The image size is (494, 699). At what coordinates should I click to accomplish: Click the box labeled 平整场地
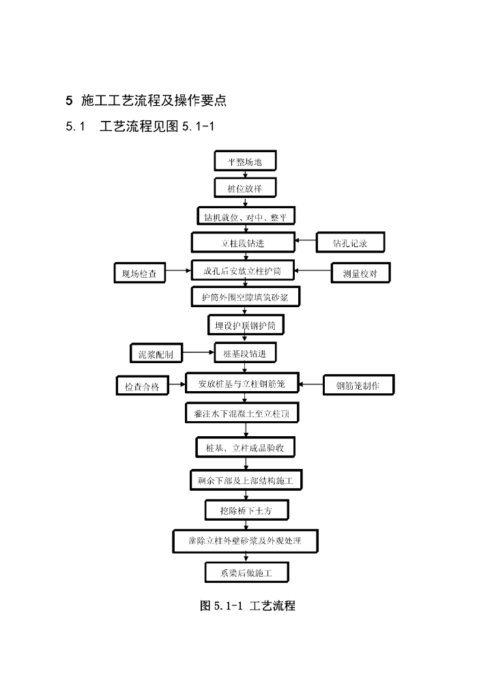(x=244, y=161)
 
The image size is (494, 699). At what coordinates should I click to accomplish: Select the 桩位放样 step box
(x=244, y=188)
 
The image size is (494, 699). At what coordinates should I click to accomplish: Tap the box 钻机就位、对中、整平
(x=246, y=216)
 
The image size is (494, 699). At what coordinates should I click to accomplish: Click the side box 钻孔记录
(x=350, y=243)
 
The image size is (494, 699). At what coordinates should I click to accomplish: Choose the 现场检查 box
(x=139, y=274)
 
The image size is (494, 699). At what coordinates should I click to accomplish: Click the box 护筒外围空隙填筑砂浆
(x=245, y=298)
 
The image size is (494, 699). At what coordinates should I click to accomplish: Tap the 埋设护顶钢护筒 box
(x=246, y=325)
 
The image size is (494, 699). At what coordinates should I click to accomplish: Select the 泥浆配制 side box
(x=156, y=354)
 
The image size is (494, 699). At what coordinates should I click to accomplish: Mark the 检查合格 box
(x=142, y=386)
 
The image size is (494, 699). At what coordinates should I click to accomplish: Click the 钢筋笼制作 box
(x=358, y=386)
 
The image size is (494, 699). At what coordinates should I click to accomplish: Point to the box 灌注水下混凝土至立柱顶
(x=242, y=414)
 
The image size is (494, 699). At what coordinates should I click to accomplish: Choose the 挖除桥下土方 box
(x=246, y=509)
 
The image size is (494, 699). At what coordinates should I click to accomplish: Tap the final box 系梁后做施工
(x=246, y=573)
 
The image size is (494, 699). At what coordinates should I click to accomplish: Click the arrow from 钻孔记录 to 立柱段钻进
(x=305, y=242)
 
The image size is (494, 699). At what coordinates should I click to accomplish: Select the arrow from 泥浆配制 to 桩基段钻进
(x=199, y=352)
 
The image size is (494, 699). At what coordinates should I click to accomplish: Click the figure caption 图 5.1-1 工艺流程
(x=247, y=605)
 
